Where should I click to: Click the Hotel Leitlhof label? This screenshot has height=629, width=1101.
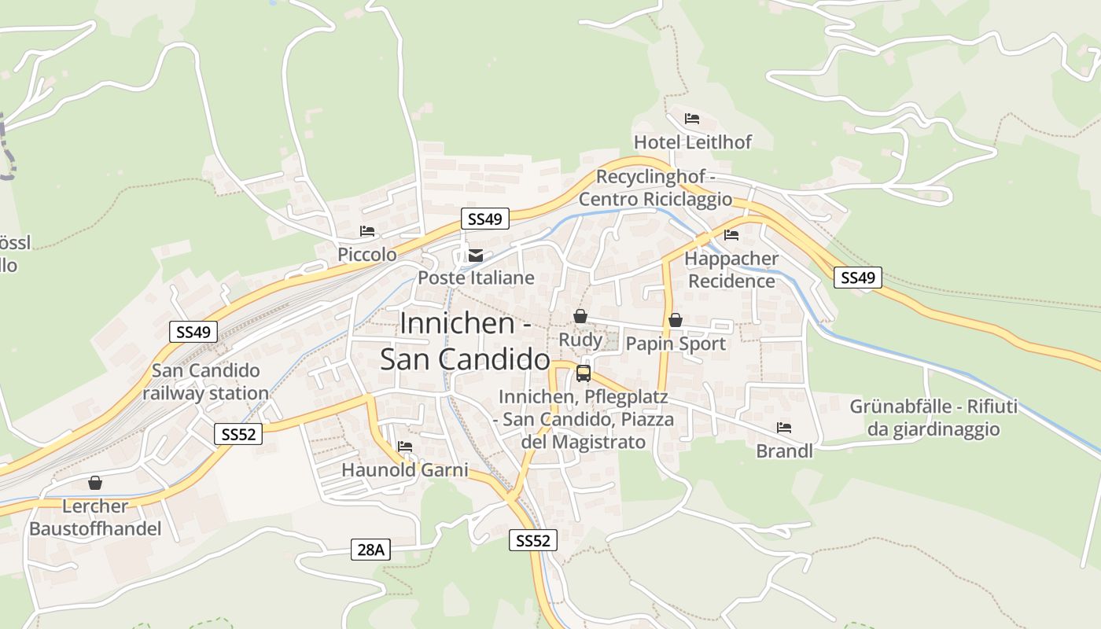(693, 142)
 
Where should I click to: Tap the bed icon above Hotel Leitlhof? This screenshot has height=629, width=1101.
(692, 119)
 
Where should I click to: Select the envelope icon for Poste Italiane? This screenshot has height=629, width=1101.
(476, 255)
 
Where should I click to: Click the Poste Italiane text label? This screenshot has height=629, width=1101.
(476, 278)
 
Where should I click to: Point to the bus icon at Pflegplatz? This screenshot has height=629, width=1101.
(584, 373)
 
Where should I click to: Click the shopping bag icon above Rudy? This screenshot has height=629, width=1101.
(580, 316)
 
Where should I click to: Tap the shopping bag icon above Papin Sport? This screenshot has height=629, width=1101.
(675, 320)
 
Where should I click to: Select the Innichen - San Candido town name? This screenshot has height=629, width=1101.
(464, 341)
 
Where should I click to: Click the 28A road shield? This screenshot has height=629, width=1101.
(370, 550)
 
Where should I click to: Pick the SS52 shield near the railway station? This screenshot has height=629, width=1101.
(238, 433)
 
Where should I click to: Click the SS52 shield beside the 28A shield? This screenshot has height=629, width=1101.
(533, 540)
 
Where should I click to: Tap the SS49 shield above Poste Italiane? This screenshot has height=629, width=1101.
(484, 219)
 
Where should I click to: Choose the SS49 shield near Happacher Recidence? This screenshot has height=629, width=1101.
(857, 277)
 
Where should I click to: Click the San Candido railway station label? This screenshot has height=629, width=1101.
(205, 381)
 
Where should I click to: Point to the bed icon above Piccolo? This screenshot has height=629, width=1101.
(367, 231)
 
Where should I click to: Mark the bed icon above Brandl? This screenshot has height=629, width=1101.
(784, 428)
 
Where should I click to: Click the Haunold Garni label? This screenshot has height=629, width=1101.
(404, 470)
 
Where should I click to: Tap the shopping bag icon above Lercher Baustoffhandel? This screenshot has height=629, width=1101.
(95, 483)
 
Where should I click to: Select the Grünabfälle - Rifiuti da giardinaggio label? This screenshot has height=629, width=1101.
(933, 417)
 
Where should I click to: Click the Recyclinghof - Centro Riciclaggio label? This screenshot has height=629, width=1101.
(655, 188)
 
